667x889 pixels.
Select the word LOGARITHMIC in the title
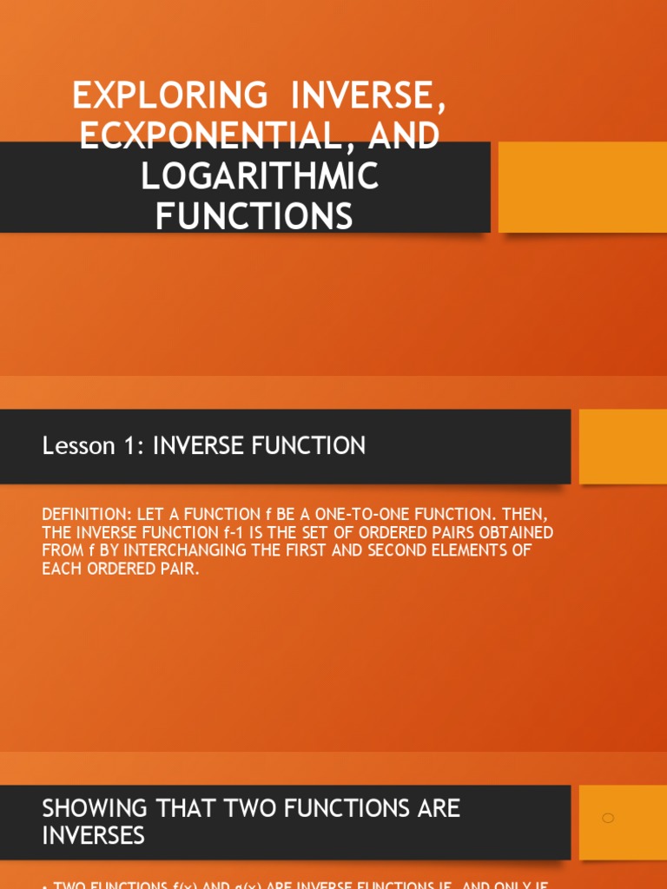pos(260,175)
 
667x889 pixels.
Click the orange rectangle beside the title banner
pos(582,188)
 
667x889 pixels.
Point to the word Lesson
pos(79,446)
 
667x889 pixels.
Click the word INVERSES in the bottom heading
pos(93,837)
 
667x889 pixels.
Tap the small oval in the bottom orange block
pos(608,818)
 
